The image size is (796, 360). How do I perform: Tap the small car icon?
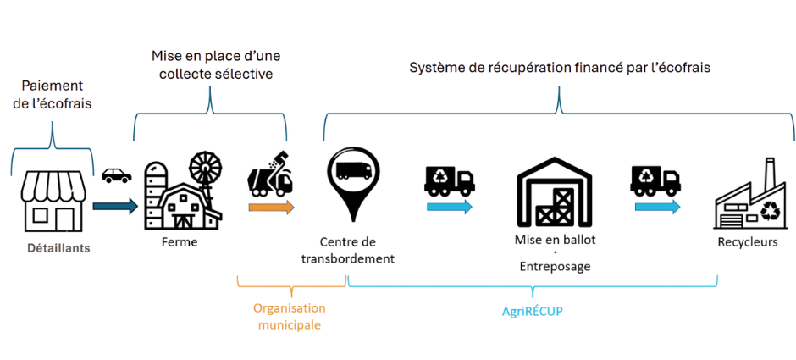pyautogui.click(x=116, y=176)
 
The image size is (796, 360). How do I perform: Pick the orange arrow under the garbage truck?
pyautogui.click(x=271, y=207)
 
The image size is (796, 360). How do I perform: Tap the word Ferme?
pyautogui.click(x=179, y=242)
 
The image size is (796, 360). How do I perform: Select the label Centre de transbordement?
pyautogui.click(x=353, y=251)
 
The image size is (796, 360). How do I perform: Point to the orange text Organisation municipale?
pyautogui.click(x=290, y=316)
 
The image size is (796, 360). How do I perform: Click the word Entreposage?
pyautogui.click(x=555, y=266)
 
